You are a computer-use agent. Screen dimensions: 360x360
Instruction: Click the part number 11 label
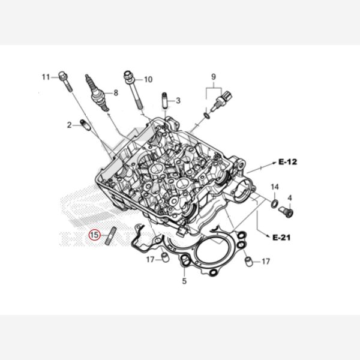(46, 77)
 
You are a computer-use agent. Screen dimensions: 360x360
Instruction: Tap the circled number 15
(95, 235)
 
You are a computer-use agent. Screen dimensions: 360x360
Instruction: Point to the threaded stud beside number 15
(111, 236)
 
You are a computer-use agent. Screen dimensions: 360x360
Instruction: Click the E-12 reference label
(287, 162)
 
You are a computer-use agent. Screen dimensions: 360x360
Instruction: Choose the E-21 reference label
(281, 237)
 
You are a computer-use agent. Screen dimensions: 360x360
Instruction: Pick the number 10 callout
(148, 79)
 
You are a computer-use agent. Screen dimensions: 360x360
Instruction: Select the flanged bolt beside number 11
(65, 81)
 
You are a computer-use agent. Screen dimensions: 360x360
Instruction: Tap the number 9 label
(214, 77)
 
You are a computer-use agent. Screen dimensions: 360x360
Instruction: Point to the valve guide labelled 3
(165, 100)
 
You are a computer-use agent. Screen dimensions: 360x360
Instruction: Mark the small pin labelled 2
(85, 125)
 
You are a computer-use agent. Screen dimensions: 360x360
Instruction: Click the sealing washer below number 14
(275, 203)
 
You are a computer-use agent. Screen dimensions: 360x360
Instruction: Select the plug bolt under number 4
(286, 212)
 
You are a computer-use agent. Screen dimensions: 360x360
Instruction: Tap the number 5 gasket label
(184, 281)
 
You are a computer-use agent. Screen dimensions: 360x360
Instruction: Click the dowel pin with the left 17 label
(165, 257)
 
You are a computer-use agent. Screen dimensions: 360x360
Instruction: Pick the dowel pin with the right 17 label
(248, 262)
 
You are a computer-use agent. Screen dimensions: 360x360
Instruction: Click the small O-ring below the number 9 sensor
(206, 115)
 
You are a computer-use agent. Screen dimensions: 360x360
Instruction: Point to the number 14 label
(275, 187)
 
